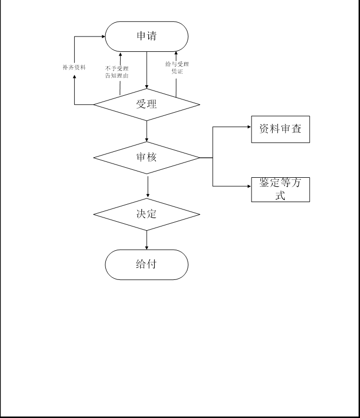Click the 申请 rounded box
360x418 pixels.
pos(147,37)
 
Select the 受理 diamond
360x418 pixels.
pos(147,104)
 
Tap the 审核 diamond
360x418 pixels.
pos(147,157)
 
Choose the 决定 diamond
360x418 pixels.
pos(147,214)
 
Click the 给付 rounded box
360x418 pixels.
pos(147,265)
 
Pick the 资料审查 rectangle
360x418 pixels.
pos(280,129)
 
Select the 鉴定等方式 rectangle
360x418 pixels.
pos(280,189)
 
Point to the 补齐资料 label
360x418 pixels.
pos(74,68)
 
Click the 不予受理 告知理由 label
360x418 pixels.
pos(117,72)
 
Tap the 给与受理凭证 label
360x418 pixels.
pos(177,68)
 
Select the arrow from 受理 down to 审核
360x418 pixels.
pos(147,131)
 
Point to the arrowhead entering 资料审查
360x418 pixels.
pos(248,128)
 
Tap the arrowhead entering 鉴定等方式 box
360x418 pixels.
pos(248,186)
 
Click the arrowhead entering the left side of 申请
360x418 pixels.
pos(102,37)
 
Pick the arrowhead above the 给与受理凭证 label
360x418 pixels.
pos(176,54)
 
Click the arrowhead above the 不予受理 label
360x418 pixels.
pos(120,54)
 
